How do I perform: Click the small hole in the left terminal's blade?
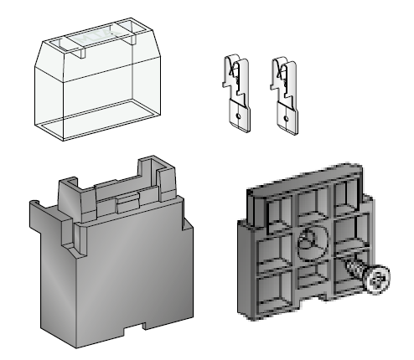pos(239,115)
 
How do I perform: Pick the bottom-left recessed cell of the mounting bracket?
pos(269,291)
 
